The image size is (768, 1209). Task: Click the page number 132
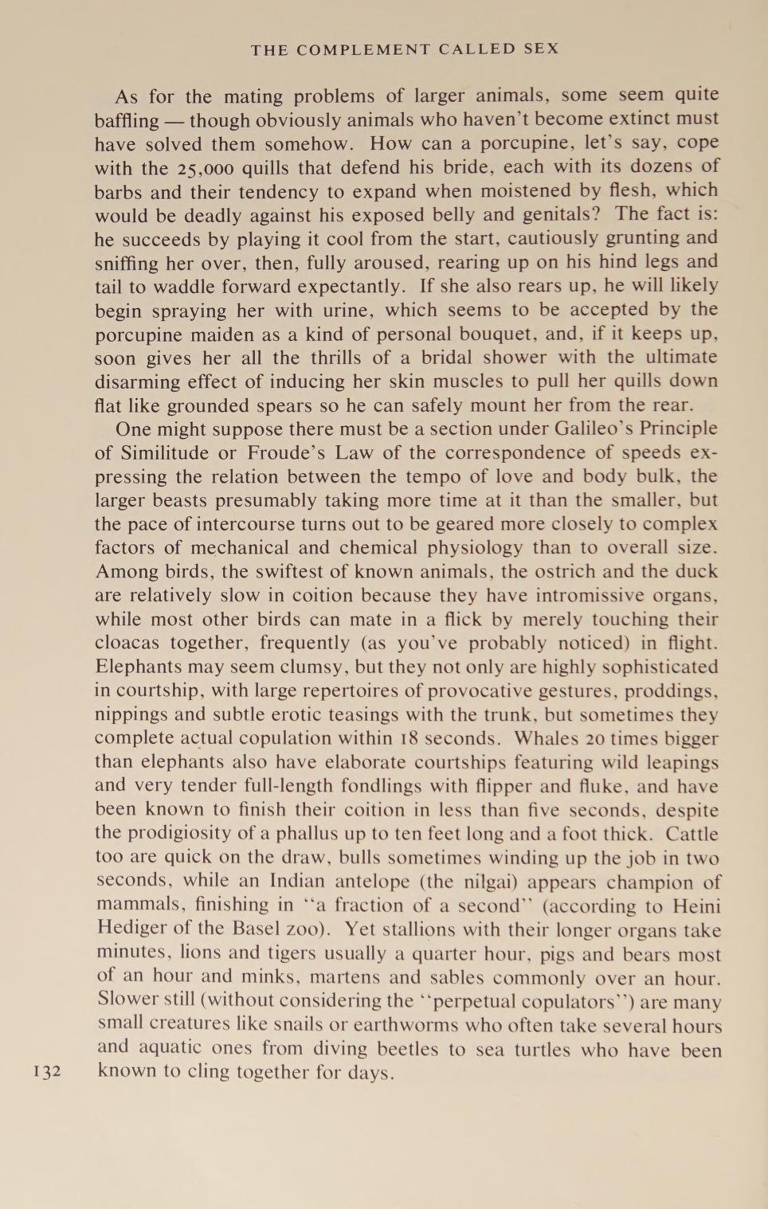coord(47,1071)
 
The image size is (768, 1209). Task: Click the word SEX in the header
coord(541,49)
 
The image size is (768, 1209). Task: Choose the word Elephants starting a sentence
coord(141,667)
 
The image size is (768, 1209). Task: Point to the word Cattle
coord(692,834)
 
